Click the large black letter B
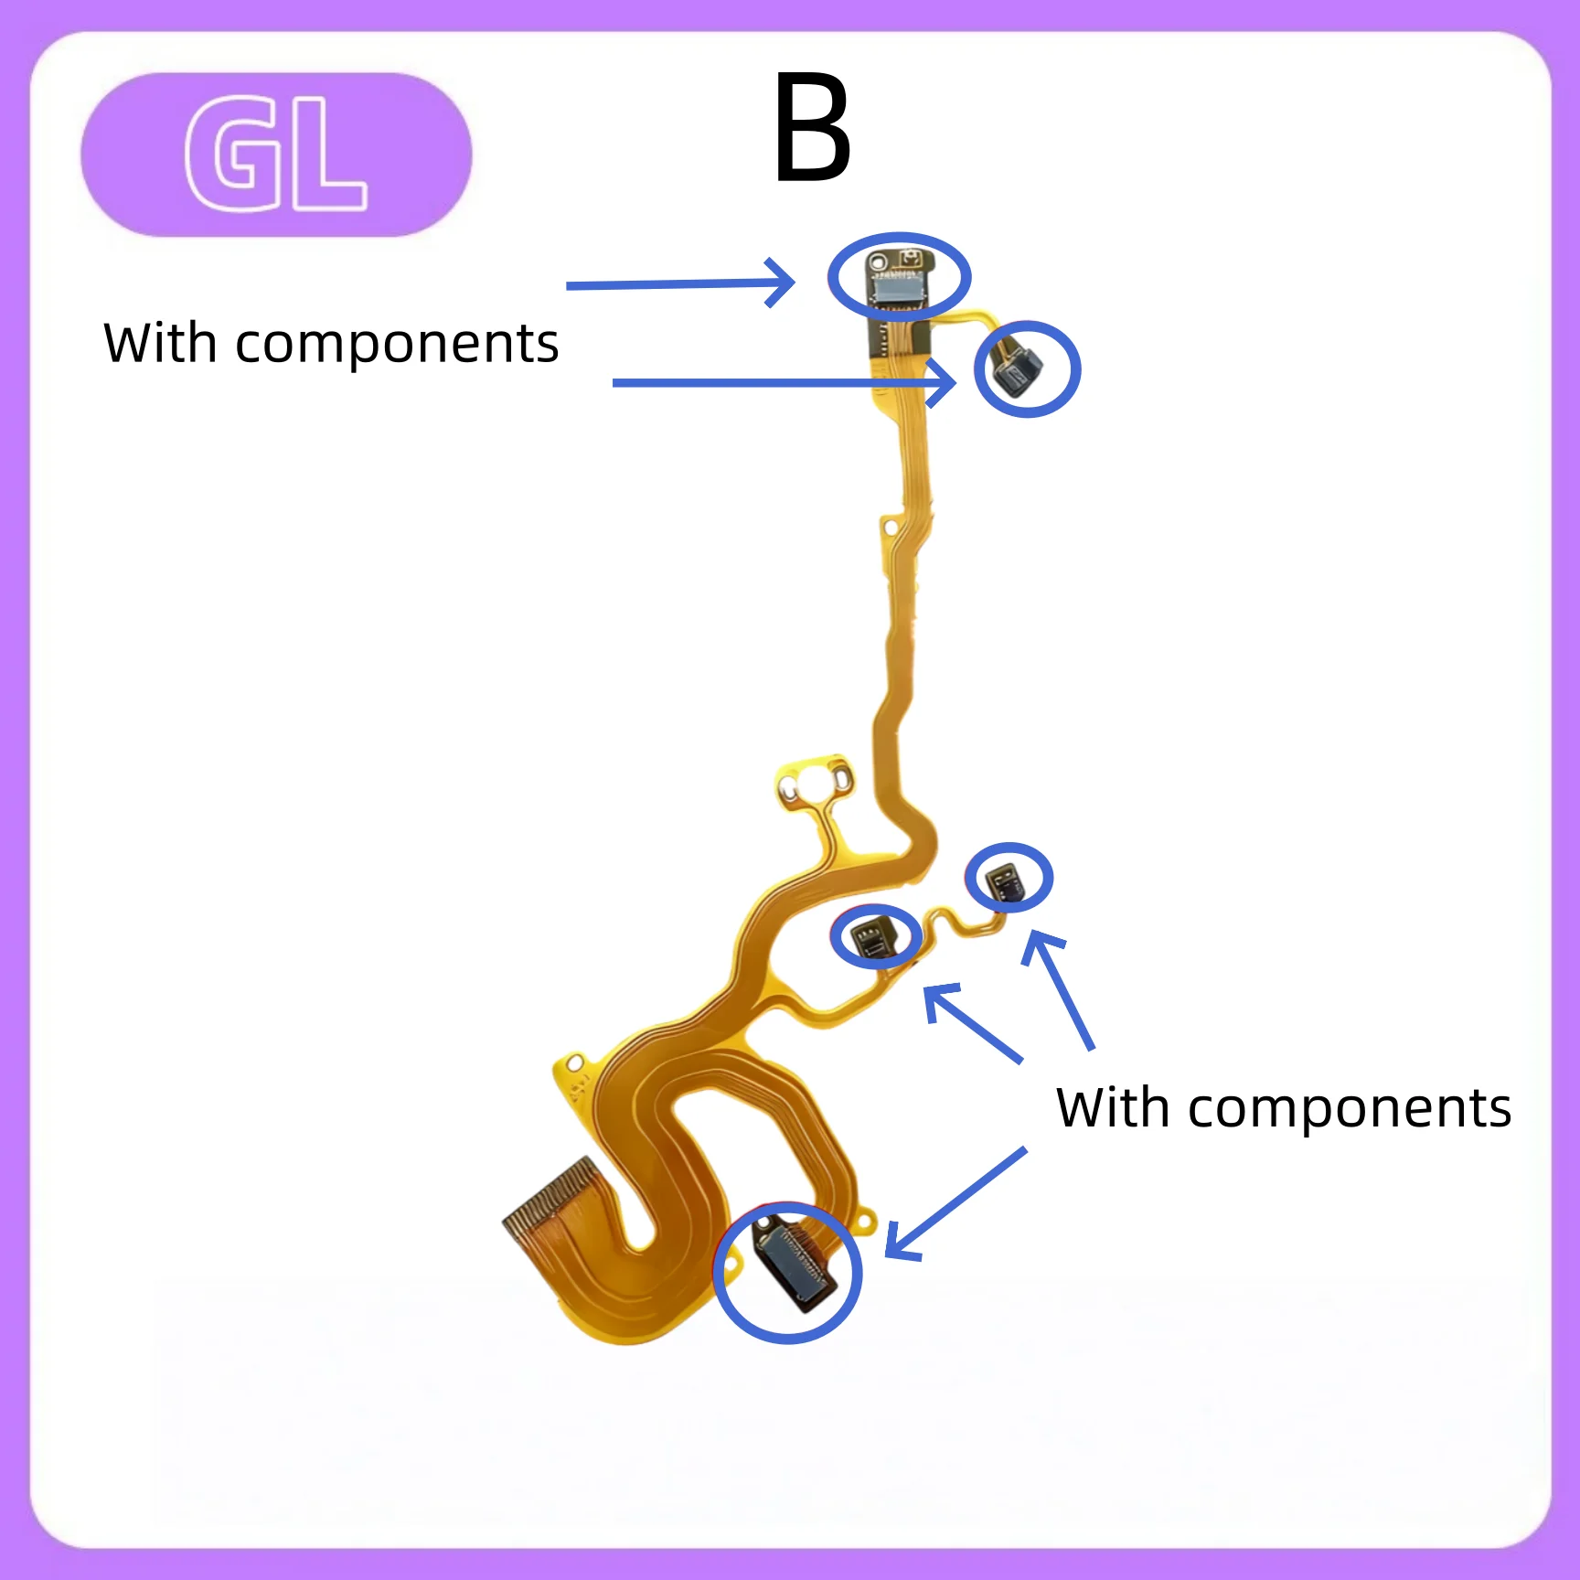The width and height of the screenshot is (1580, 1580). click(812, 127)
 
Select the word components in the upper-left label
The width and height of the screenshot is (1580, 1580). click(397, 347)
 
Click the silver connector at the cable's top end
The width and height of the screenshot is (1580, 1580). click(901, 288)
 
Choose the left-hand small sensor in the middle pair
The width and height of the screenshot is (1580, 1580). click(871, 937)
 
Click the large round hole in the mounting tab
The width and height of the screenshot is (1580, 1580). click(812, 784)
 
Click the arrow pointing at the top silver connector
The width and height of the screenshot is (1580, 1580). click(680, 283)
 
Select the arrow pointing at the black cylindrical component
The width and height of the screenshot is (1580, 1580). click(785, 382)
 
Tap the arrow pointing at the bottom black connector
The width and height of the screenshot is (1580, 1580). click(955, 1203)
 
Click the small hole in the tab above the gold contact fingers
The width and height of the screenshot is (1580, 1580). click(575, 1063)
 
